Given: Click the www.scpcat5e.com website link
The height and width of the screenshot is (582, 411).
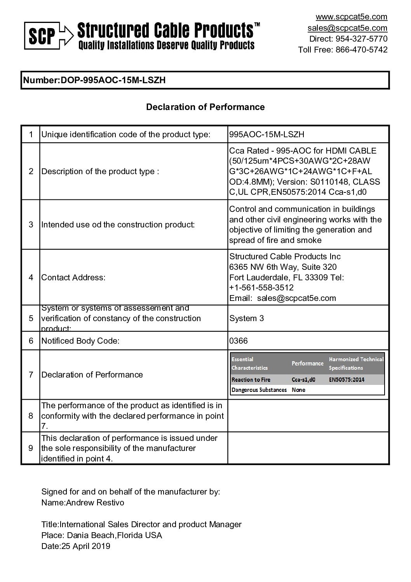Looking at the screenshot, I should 351,17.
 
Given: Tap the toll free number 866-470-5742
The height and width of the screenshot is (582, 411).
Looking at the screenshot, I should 361,50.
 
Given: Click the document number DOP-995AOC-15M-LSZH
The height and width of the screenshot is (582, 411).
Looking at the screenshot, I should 113,80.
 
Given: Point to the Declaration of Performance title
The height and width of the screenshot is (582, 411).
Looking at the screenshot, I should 205,107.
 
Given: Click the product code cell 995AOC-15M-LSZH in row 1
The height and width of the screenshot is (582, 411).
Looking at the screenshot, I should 267,135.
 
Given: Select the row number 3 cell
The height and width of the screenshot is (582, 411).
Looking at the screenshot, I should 31,225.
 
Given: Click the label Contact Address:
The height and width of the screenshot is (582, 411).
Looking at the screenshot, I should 73,278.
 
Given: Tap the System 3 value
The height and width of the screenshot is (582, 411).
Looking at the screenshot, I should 246,318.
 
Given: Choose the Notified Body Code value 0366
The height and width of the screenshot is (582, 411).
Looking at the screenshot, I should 239,341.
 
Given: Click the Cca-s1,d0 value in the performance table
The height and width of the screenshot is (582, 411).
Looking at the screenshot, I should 303,380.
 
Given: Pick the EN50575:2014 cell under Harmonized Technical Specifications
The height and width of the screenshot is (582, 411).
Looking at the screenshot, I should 347,380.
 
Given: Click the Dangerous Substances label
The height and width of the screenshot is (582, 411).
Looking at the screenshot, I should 259,390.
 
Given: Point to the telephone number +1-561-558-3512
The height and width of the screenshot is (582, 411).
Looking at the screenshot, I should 261,288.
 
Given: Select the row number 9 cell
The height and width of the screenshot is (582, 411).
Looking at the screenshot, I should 31,448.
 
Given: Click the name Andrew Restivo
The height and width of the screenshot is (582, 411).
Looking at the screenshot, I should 95,503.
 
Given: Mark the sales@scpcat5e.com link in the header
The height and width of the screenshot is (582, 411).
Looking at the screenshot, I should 347,28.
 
